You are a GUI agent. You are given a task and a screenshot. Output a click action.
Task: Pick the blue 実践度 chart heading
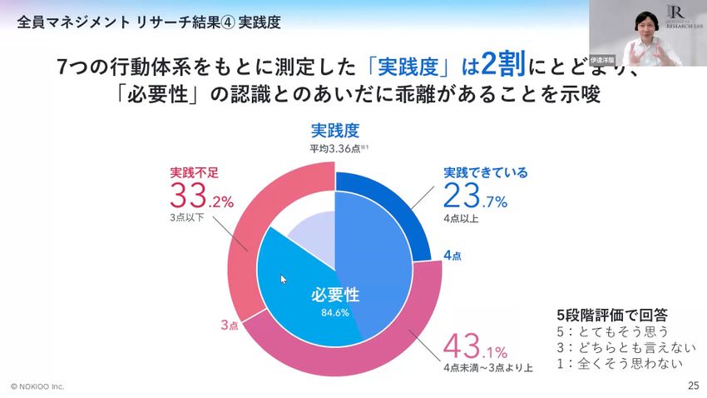tap(334, 131)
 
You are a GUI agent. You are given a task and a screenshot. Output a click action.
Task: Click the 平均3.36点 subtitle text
tap(334, 148)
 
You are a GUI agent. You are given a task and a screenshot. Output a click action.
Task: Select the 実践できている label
tap(485, 172)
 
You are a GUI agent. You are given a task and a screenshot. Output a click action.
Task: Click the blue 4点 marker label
tap(452, 255)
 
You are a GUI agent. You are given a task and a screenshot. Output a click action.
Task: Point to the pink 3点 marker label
tap(230, 325)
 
